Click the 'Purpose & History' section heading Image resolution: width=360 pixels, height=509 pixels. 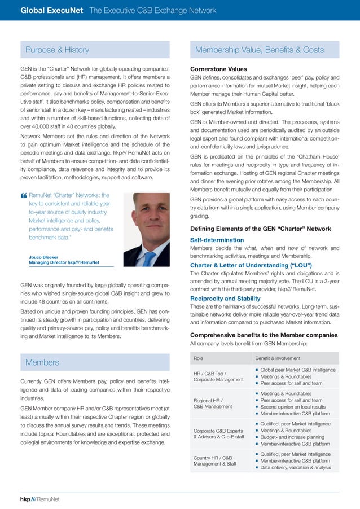58,50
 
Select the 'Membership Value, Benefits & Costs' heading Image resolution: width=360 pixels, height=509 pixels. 259,50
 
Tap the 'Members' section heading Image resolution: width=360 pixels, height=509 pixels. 42,362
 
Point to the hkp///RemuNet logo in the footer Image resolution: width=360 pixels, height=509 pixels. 39,499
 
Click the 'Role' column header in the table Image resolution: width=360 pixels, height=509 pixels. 199,358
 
